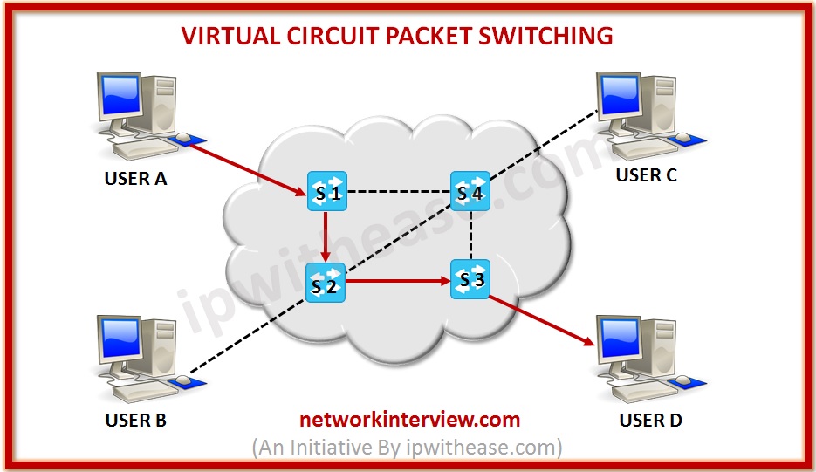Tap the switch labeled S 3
point(470,279)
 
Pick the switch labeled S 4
point(470,191)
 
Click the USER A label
point(135,180)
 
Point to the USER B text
point(135,421)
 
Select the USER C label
point(646,175)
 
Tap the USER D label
point(650,421)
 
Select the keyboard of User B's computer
point(140,391)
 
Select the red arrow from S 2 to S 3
point(397,282)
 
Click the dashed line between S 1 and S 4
point(397,191)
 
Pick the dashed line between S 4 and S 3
point(470,236)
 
